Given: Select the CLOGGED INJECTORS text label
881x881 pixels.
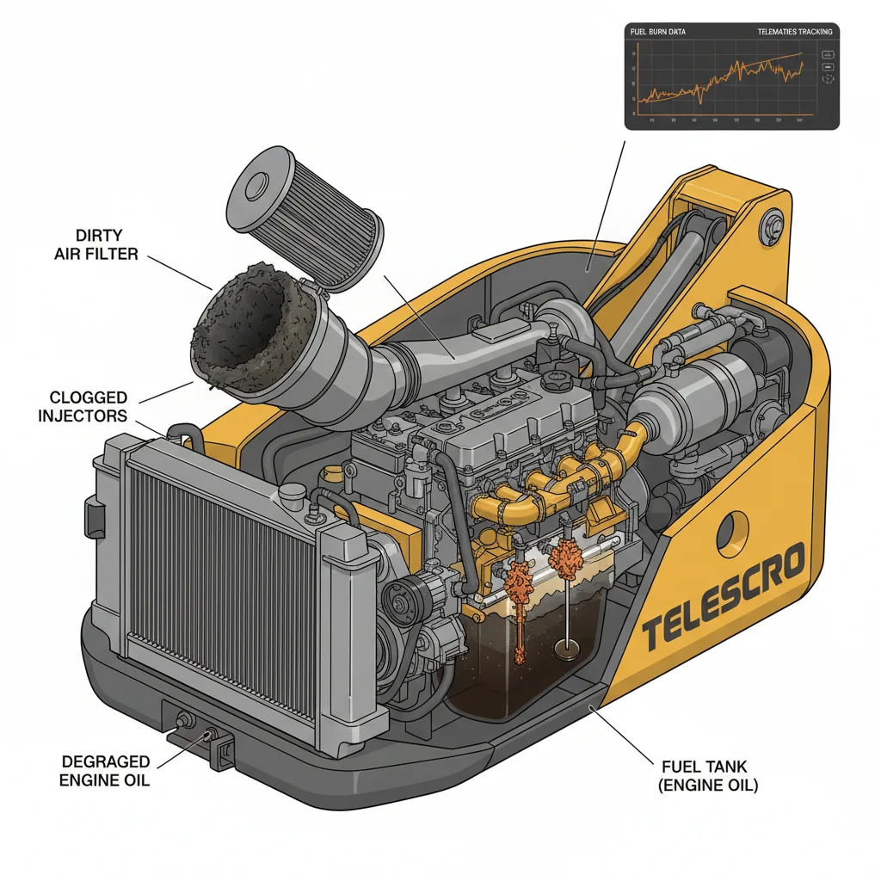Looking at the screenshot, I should point(88,406).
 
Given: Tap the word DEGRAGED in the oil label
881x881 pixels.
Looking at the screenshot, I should point(105,762).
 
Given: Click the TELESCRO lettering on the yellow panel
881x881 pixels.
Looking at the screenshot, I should point(723,594).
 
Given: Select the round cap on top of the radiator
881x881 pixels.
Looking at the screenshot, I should point(293,492).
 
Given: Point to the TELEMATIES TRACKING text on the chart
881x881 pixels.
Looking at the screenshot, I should point(794,32).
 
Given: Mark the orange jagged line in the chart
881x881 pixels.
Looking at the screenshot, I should point(731,77).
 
